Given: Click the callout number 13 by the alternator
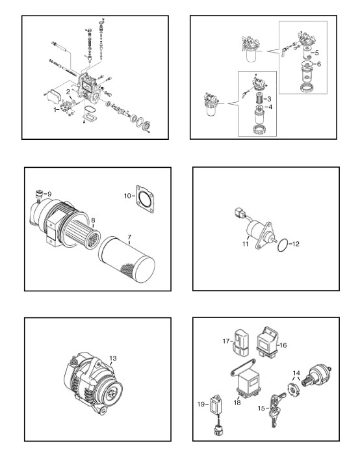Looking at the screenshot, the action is (113, 358).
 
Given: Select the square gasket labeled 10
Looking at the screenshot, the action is (145, 199).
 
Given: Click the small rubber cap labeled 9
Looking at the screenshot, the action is (38, 194).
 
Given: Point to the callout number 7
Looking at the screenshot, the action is (129, 237).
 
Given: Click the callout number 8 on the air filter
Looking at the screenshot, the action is (93, 220).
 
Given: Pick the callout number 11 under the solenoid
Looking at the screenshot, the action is (245, 244).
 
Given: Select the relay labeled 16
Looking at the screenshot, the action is (267, 341).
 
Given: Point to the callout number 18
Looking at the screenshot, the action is (237, 403).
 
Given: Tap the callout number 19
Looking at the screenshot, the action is (201, 405).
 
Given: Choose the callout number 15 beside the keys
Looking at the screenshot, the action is (261, 408).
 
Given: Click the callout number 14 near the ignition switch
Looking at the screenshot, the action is (296, 373).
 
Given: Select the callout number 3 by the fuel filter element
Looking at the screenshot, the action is (269, 99).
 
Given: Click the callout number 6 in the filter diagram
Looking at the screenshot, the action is (319, 64).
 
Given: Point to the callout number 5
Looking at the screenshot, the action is (316, 53).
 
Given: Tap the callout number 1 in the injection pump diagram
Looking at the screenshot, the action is (55, 110).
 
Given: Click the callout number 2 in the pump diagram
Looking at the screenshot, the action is (68, 91).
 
